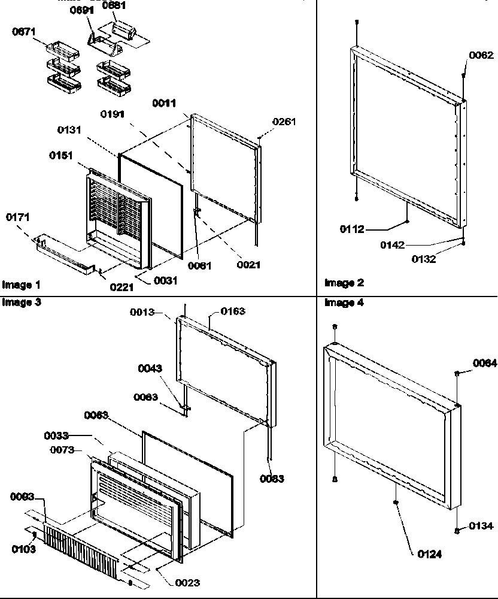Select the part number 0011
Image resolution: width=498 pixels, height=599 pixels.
163,103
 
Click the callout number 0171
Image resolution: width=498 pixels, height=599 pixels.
18,217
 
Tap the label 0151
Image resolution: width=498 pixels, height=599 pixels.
61,156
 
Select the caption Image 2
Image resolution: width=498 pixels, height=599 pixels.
344,283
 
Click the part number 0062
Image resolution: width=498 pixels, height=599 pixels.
481,55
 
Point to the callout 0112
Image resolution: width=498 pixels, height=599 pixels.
352,229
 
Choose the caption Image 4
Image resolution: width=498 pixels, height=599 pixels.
344,302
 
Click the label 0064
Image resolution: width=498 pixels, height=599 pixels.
484,363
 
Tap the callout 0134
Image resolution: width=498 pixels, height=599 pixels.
481,526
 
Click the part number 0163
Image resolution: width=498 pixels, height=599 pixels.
232,311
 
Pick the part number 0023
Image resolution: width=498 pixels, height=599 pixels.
187,582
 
